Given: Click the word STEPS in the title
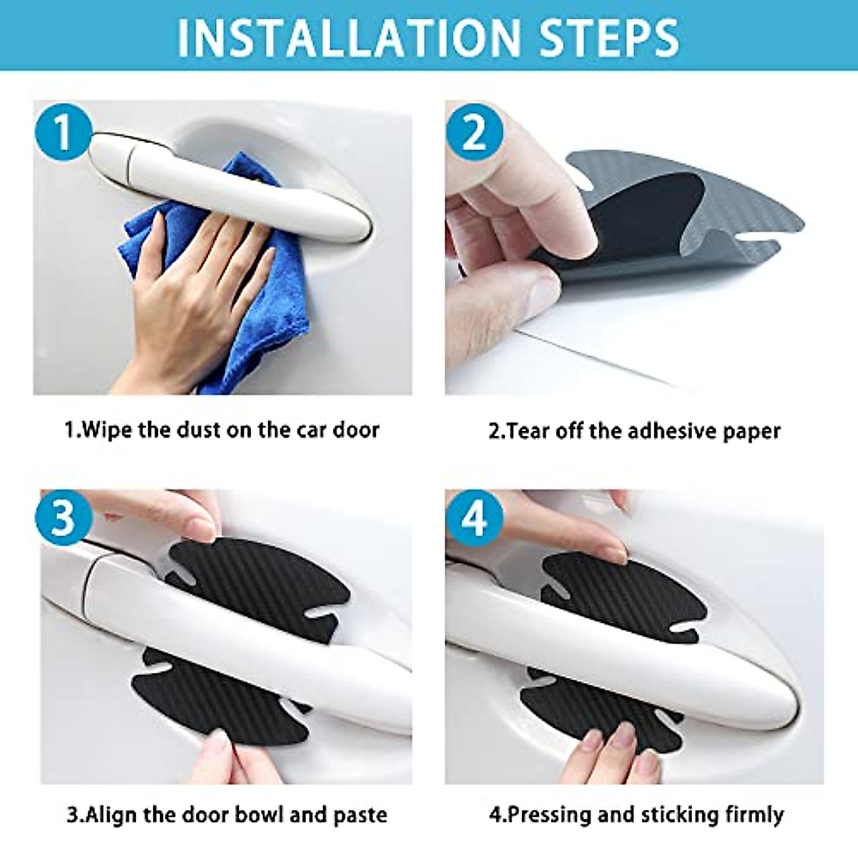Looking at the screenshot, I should [608, 37].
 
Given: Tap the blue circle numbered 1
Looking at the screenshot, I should [63, 132].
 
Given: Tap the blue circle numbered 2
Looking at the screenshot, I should [474, 132].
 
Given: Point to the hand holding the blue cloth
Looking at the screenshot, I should [193, 300].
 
